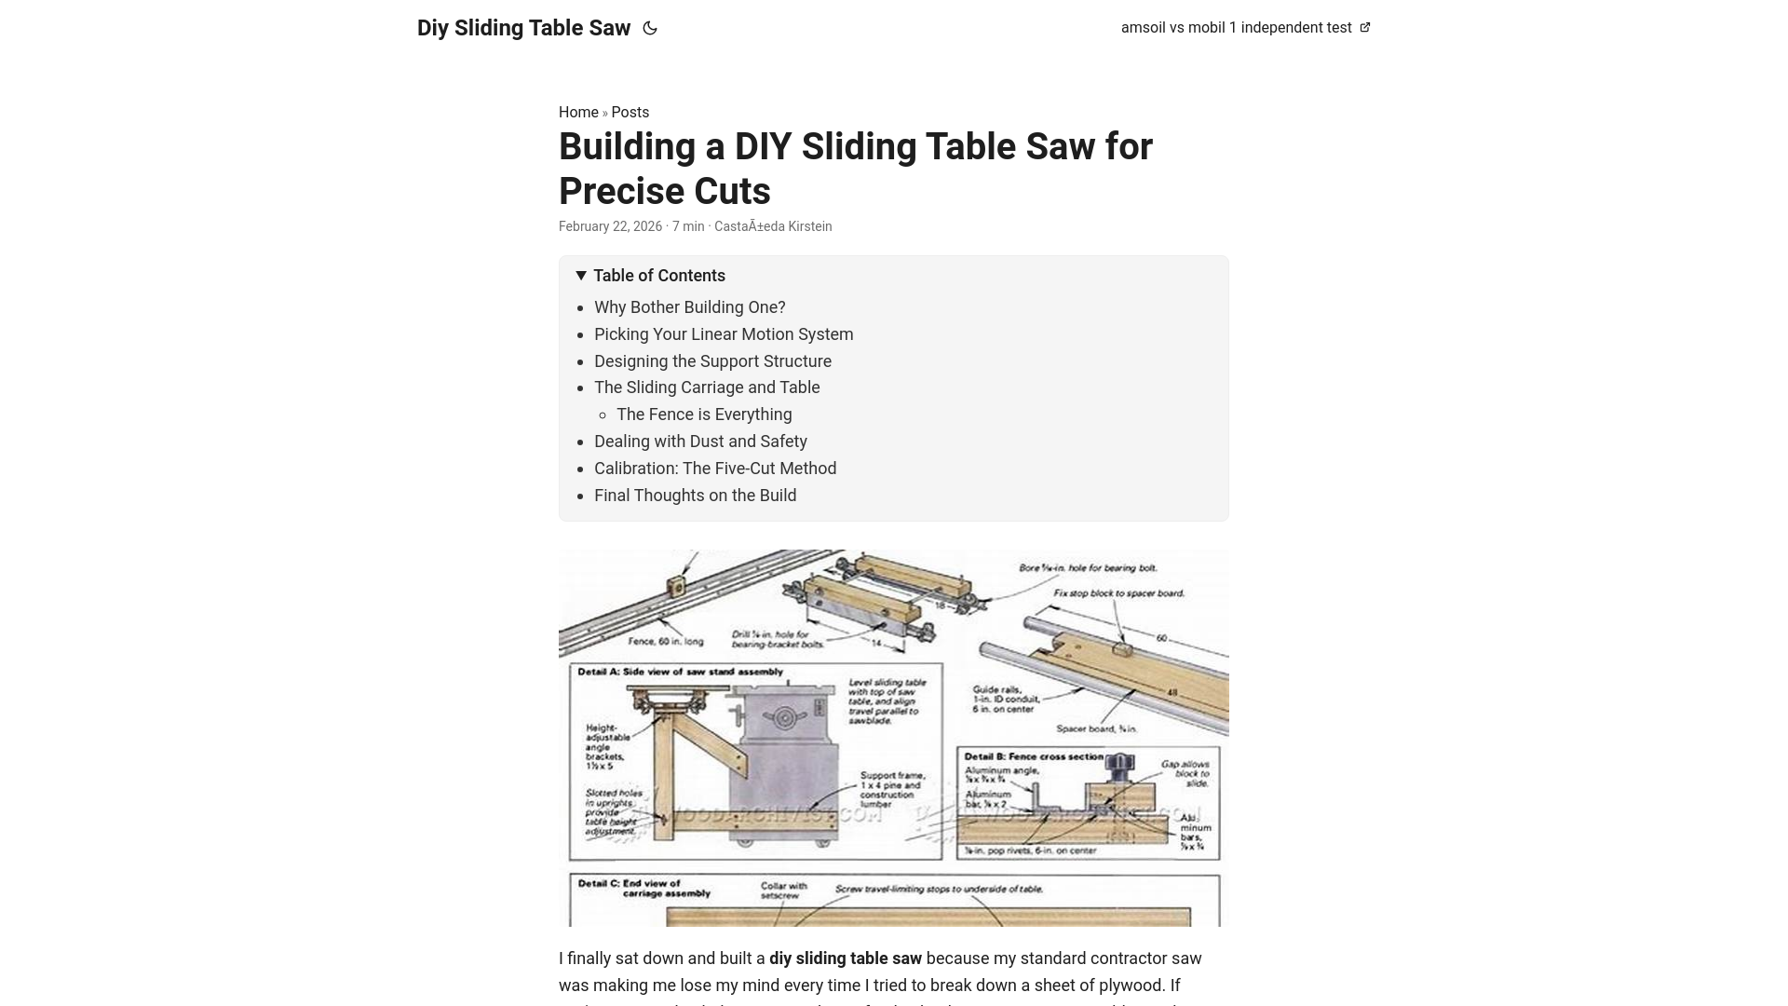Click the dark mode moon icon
click(x=650, y=28)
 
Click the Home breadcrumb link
click(x=578, y=112)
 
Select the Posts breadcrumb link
click(x=630, y=112)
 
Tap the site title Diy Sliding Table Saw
click(x=523, y=28)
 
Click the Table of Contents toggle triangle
click(x=581, y=276)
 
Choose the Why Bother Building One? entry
click(x=689, y=307)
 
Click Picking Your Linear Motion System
click(x=723, y=334)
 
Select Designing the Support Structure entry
click(x=712, y=361)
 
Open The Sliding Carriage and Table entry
click(x=707, y=387)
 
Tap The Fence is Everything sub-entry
click(x=704, y=415)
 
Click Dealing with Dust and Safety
click(x=700, y=442)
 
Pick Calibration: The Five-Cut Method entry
click(x=715, y=469)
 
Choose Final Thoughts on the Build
click(x=695, y=496)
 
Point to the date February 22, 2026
click(x=610, y=226)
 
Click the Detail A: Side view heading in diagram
click(x=680, y=672)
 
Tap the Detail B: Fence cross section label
click(x=1034, y=756)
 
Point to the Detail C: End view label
click(x=643, y=888)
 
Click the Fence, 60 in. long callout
click(x=665, y=641)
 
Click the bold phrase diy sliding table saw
click(x=845, y=958)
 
